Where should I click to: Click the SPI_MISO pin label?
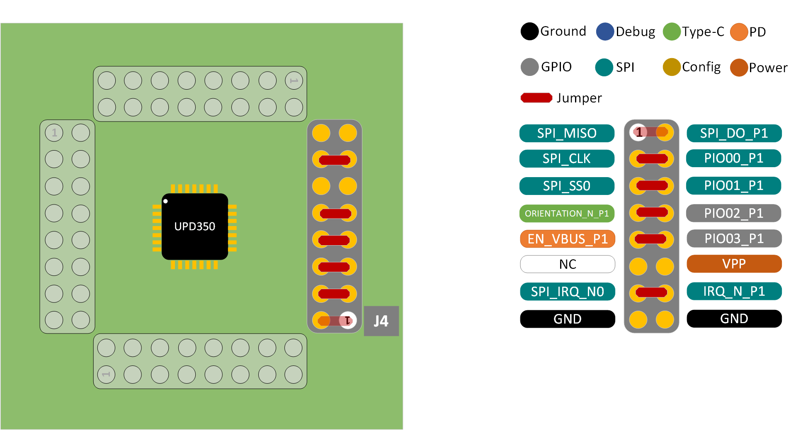coord(567,133)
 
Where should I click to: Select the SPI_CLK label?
coord(567,158)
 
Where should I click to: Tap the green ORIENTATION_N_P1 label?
coord(567,214)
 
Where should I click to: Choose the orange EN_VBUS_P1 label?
coord(568,239)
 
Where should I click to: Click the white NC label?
coord(568,264)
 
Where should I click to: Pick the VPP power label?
coord(734,264)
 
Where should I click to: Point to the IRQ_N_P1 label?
coord(734,291)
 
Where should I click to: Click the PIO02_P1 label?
coord(733,213)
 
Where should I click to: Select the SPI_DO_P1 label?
coord(734,133)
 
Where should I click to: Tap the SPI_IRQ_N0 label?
coord(568,292)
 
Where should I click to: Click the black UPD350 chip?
coord(195,226)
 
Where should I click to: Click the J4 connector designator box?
coord(381,321)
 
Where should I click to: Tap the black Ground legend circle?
coord(529,32)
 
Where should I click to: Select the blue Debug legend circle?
coord(605,32)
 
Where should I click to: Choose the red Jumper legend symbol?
coord(536,98)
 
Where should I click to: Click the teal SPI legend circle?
coord(604,67)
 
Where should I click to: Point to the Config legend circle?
coord(672,67)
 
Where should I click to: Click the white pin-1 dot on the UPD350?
coord(165,201)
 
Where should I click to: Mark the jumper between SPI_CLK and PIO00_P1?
coord(652,158)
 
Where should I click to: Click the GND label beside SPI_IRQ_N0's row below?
coord(568,319)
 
